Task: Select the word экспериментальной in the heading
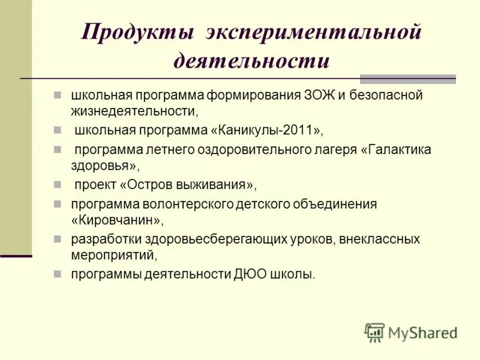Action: pyautogui.click(x=314, y=32)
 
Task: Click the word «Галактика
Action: pyautogui.click(x=397, y=149)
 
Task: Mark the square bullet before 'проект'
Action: pyautogui.click(x=58, y=184)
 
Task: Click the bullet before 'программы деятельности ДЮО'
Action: pyautogui.click(x=58, y=274)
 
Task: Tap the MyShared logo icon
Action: pyautogui.click(x=374, y=332)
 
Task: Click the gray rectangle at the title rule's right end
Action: pyautogui.click(x=407, y=79)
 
